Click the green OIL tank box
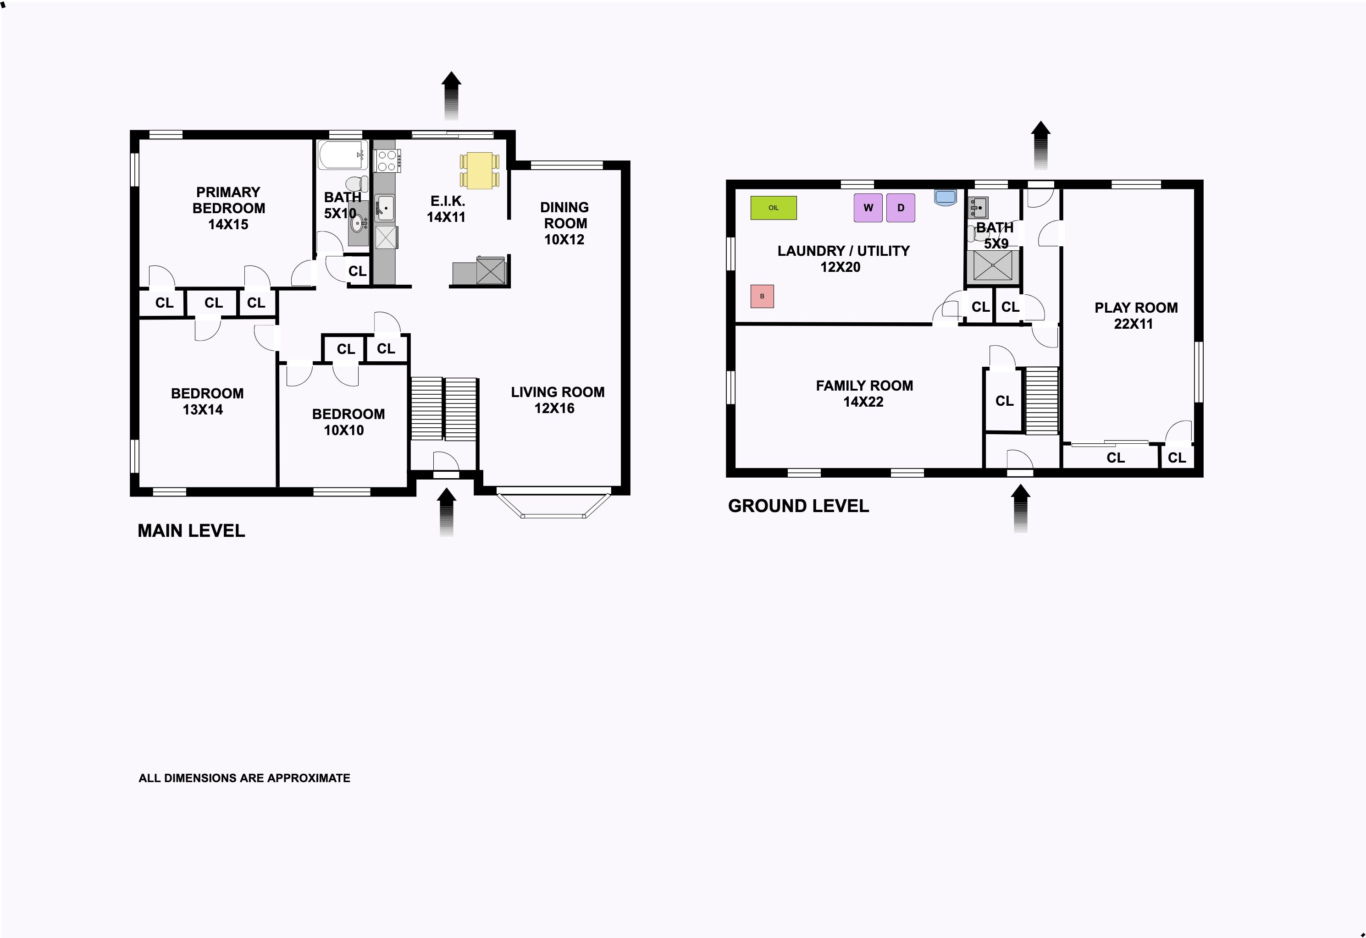coord(774,208)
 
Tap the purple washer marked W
coord(868,208)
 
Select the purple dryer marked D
coord(901,208)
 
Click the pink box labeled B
coord(763,296)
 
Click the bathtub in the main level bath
coord(343,154)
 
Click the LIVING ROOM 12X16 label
coord(557,400)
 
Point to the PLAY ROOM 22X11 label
coord(1136,315)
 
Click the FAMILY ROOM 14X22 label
coord(864,394)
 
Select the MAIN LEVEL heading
coord(191,531)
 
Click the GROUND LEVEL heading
coord(798,506)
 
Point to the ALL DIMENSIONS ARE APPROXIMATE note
coord(244,778)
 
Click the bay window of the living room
coord(553,504)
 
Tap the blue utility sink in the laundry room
coord(945,198)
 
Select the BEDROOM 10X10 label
coord(348,422)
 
